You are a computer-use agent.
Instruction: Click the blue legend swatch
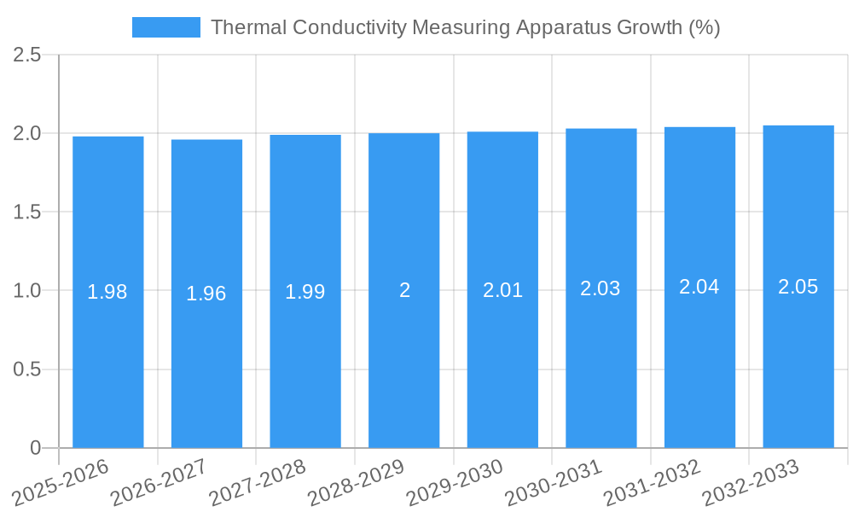165,27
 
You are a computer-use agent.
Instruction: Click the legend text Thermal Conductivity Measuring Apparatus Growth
465,27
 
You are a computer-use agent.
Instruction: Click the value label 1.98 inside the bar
107,292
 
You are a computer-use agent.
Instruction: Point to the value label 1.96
206,294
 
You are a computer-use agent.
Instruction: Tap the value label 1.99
305,292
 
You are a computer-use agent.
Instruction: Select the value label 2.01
502,290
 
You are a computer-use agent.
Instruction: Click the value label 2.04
699,287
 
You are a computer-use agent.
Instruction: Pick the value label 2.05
798,287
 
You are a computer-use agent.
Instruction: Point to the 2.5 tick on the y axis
27,55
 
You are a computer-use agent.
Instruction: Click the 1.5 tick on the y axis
27,212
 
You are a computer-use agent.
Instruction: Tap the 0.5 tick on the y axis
27,369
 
